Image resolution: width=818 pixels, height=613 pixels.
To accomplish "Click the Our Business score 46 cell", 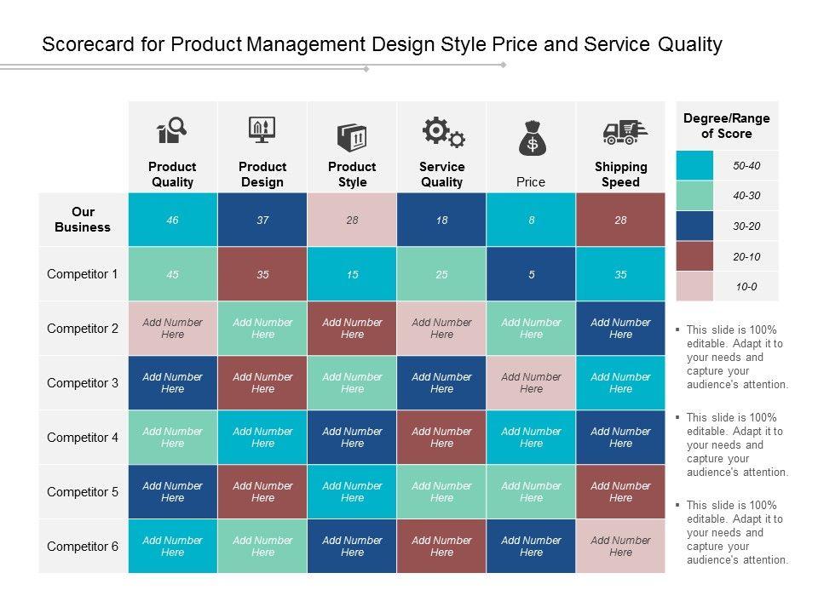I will coord(173,220).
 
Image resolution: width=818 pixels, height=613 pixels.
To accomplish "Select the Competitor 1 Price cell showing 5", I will coord(531,274).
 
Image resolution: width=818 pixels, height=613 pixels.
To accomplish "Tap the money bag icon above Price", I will coord(532,138).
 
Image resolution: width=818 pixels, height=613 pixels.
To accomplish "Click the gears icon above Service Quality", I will coord(443,133).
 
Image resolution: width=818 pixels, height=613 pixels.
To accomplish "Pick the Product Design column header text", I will coord(262,174).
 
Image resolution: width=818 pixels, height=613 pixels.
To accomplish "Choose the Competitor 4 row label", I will coord(83,438).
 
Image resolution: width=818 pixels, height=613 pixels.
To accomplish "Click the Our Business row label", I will coord(83,220).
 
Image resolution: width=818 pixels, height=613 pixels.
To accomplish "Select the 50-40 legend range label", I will coord(746,165).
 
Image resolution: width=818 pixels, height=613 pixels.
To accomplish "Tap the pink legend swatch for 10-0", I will coord(694,287).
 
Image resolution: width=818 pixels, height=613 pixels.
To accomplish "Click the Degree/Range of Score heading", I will coord(727,126).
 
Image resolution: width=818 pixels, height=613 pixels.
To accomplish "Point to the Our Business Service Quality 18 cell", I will coord(441,220).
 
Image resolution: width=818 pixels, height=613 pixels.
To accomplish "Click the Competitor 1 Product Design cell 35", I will coord(262,274).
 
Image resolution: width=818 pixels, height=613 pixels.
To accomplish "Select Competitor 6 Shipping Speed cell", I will coord(620,547).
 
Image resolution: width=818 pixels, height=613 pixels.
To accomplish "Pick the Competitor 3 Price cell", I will coord(531,383).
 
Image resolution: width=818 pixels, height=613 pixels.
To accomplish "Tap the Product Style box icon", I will coord(352,136).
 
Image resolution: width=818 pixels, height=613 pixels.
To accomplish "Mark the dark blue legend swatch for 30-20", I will coord(694,226).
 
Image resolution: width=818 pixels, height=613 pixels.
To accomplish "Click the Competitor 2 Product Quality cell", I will coord(173,329).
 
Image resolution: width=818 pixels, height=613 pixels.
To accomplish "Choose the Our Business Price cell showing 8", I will coord(531,220).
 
